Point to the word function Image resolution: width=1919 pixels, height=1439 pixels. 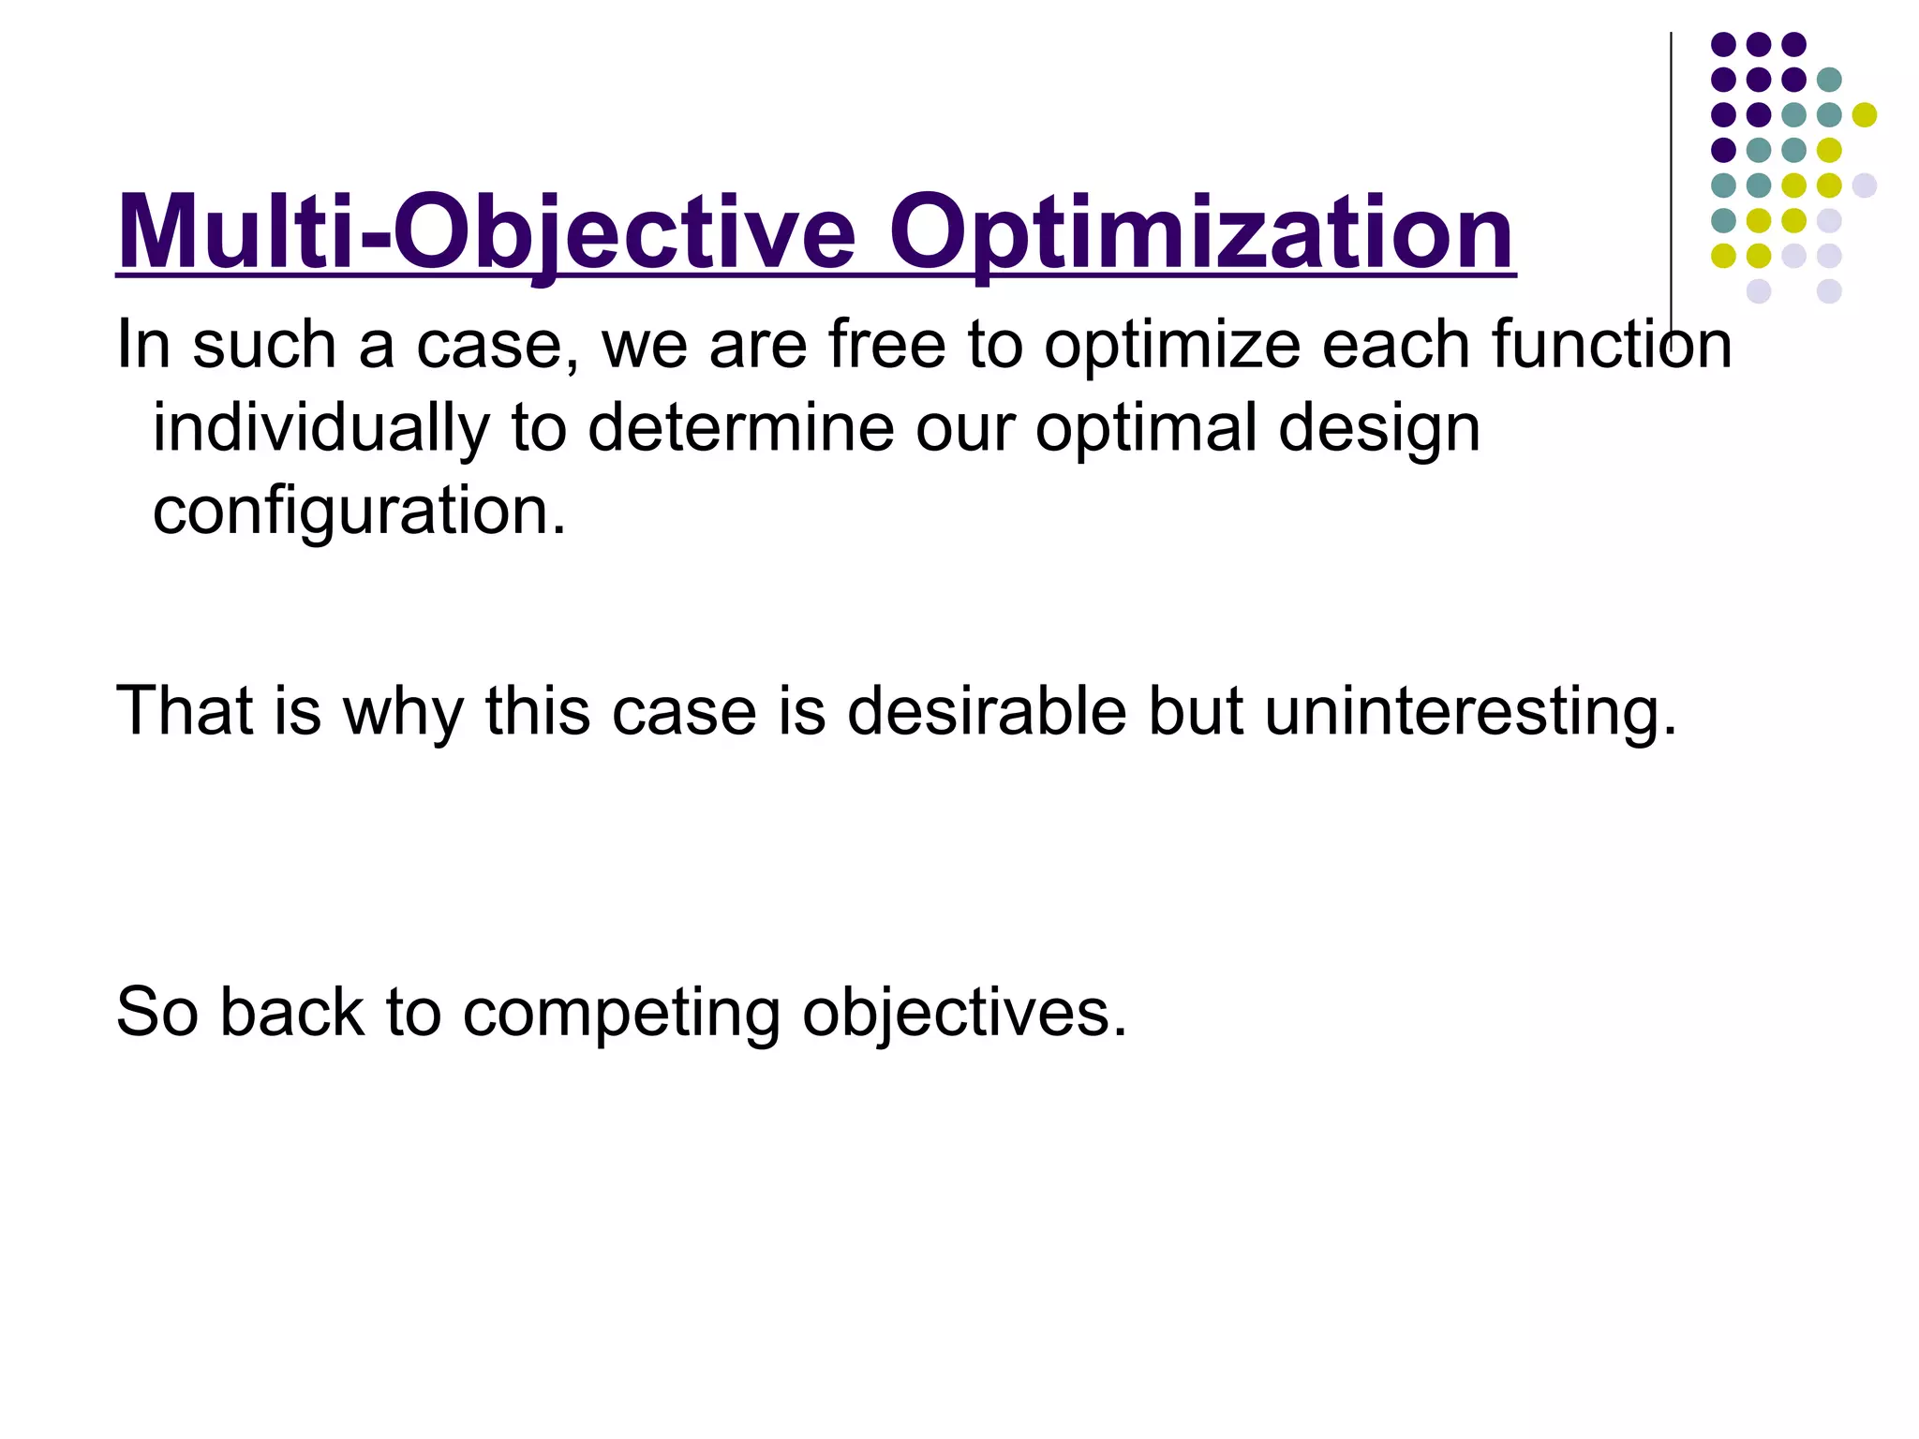click(1612, 345)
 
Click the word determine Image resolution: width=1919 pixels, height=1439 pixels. click(740, 427)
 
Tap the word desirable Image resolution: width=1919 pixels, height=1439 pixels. click(986, 711)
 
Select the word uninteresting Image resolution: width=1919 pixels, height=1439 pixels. click(1469, 713)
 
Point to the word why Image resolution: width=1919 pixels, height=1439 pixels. click(402, 713)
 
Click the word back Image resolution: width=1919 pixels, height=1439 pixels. click(290, 1013)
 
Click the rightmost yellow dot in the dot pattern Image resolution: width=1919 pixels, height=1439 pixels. click(1865, 115)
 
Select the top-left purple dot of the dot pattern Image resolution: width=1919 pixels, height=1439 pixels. click(1723, 44)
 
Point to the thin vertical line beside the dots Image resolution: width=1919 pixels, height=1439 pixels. click(1671, 187)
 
